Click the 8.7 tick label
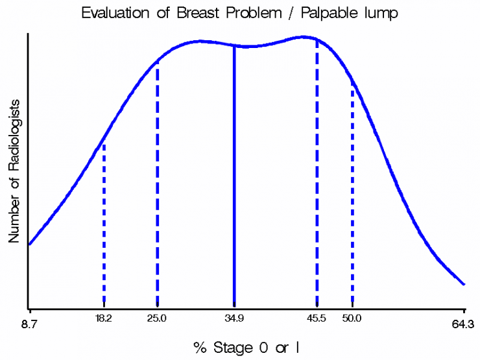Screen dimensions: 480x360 [29, 324]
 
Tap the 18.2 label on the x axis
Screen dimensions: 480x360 [104, 318]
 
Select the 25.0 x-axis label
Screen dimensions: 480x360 [156, 318]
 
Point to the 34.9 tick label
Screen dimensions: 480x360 [234, 318]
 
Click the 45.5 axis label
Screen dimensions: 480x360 [317, 318]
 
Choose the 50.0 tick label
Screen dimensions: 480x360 [352, 318]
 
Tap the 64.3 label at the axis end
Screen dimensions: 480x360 [463, 324]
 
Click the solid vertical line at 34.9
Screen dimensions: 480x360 [234, 176]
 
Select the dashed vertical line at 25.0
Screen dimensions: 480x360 [158, 183]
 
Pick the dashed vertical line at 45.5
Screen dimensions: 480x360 [317, 173]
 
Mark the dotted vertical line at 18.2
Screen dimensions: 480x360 [104, 225]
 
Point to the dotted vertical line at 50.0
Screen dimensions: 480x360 [353, 194]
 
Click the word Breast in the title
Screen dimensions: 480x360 [198, 13]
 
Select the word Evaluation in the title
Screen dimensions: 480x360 [115, 13]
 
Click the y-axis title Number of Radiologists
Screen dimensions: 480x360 [14, 171]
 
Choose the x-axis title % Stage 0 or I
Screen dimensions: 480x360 [246, 348]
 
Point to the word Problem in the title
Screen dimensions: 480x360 [254, 13]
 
